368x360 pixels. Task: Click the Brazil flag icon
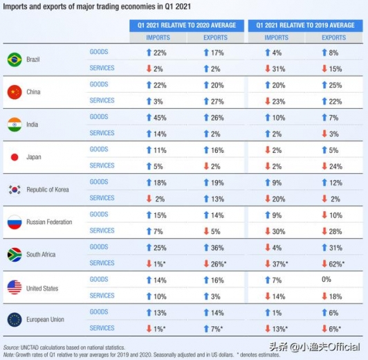click(x=13, y=60)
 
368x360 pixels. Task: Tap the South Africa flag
click(x=13, y=255)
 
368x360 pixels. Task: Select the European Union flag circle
click(x=13, y=320)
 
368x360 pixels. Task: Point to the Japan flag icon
click(x=13, y=157)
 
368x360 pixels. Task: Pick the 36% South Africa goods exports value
click(x=214, y=247)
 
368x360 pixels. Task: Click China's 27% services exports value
click(x=214, y=101)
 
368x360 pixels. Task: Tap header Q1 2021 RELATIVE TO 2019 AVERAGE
click(x=306, y=25)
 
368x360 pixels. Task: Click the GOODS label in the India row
click(x=99, y=117)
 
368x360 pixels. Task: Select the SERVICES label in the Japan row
click(x=102, y=165)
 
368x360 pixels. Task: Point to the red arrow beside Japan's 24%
click(x=324, y=166)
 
